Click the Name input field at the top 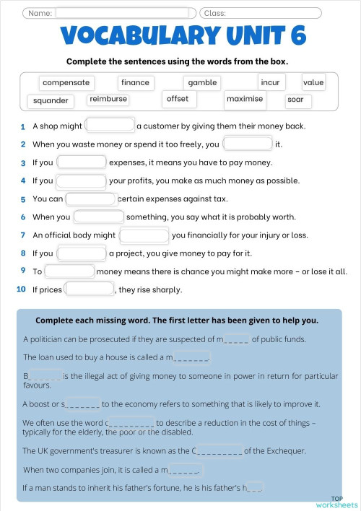tap(125, 12)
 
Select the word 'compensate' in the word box tap(66, 83)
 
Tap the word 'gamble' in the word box tap(202, 83)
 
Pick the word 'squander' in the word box tap(51, 101)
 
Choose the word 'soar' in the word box tap(295, 100)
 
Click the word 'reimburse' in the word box tap(108, 100)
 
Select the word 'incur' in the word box tap(270, 83)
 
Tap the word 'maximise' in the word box tap(245, 99)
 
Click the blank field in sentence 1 tap(110, 126)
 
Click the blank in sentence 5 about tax tap(91, 198)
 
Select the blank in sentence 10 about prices tap(90, 289)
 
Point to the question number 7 tap(23, 235)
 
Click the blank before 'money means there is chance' tap(70, 271)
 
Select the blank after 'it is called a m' tap(186, 470)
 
